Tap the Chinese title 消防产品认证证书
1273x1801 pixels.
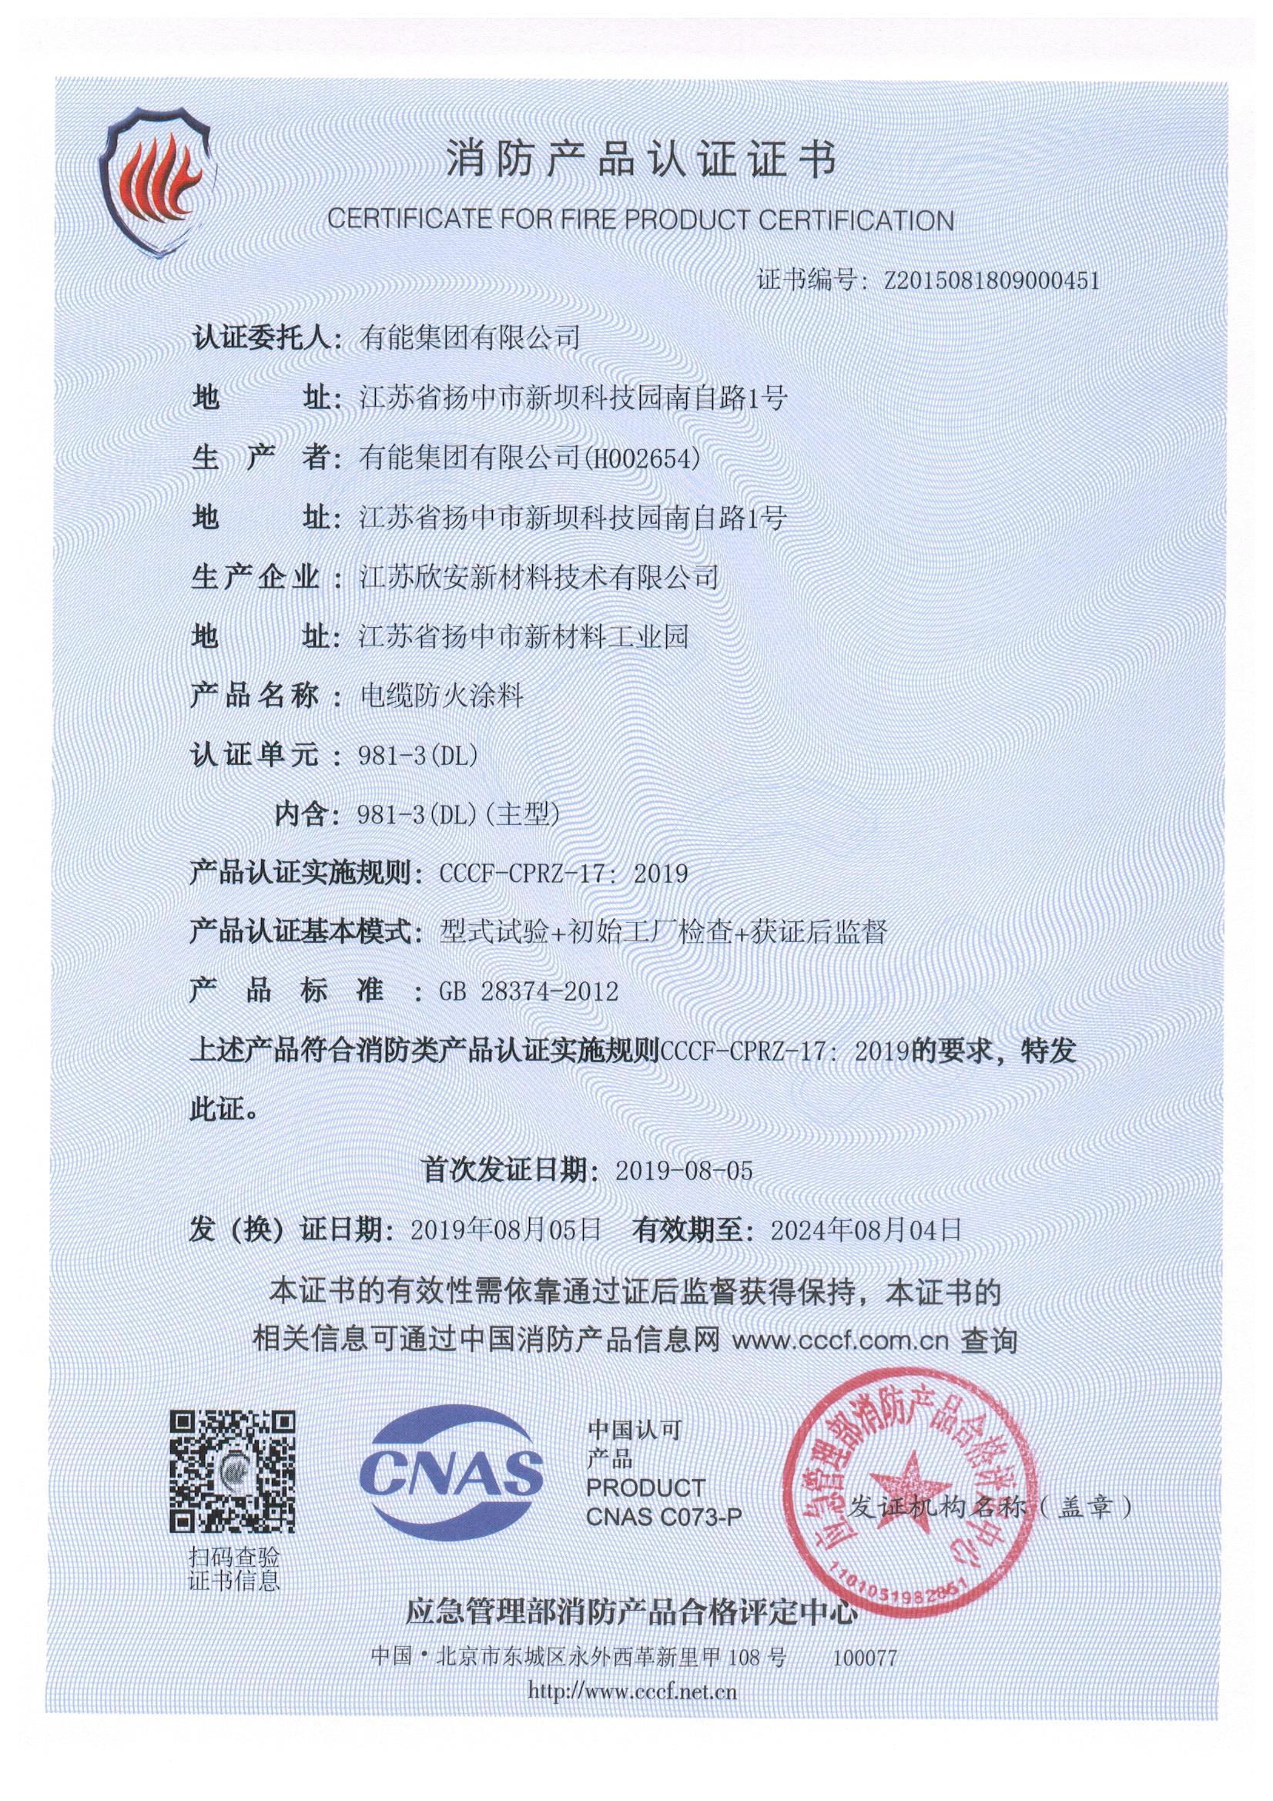pos(639,162)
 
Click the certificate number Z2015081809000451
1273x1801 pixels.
pos(991,281)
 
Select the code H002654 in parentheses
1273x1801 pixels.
pos(638,458)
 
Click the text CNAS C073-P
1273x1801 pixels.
pos(664,1516)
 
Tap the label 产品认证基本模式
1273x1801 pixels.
pos(301,933)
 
